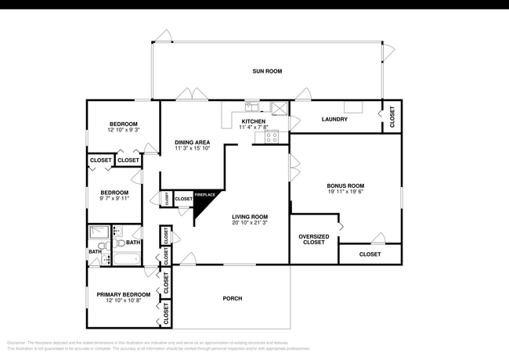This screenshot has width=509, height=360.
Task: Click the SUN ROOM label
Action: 267,71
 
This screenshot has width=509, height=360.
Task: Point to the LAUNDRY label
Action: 334,120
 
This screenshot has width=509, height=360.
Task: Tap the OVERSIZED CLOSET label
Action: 314,239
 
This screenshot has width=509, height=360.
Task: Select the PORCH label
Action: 232,298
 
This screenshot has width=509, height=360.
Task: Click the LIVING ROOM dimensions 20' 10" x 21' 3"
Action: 250,223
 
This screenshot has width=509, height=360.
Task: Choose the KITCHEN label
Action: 254,122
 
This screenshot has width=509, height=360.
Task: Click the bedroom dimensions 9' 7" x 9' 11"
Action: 114,199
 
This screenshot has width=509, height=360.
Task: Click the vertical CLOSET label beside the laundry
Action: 392,116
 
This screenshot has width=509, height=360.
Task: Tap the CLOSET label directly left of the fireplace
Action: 183,200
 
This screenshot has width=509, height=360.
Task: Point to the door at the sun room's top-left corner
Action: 163,36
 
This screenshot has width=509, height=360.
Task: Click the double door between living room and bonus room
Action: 294,168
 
